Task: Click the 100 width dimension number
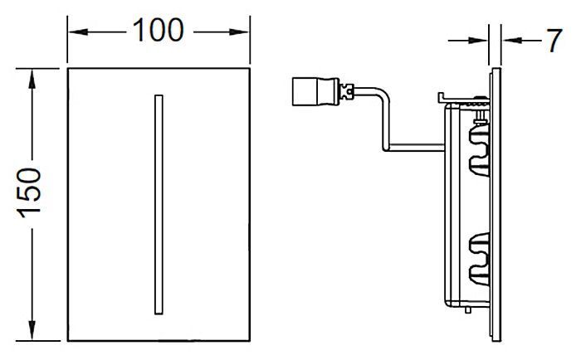(159, 30)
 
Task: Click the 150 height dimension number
(29, 192)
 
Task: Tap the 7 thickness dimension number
(554, 40)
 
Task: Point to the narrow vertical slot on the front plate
(159, 205)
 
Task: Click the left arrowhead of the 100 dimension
(79, 32)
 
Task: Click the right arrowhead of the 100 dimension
(239, 32)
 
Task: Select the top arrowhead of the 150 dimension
(32, 79)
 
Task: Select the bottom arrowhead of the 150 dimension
(32, 330)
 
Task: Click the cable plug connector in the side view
(315, 91)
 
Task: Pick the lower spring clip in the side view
(479, 258)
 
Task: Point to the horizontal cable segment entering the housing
(415, 148)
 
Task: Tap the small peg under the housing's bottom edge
(468, 310)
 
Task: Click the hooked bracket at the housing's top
(442, 98)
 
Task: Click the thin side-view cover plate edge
(496, 204)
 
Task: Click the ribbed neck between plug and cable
(347, 91)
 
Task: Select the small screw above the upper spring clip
(481, 119)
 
